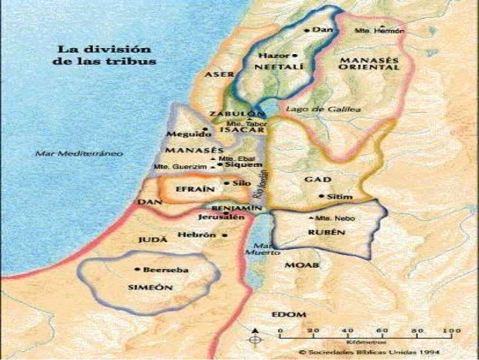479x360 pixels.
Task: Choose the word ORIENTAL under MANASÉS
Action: (369, 68)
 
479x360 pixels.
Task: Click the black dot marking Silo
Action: (227, 183)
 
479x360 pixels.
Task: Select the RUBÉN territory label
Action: (327, 233)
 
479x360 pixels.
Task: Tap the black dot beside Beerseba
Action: (137, 269)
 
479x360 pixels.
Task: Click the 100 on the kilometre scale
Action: (452, 331)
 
